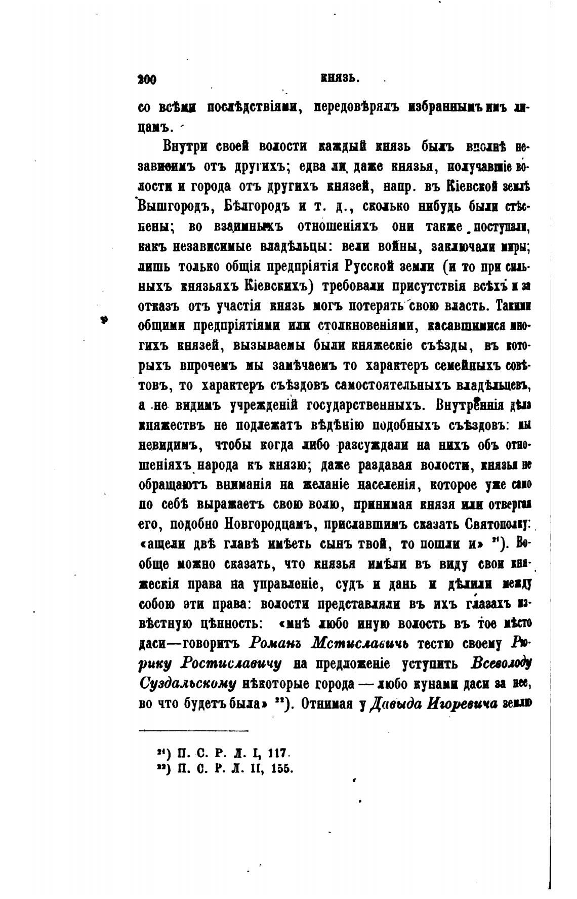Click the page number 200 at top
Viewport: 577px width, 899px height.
tap(147, 80)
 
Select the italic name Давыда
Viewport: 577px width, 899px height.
tap(392, 703)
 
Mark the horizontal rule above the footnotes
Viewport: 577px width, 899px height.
tap(193, 730)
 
